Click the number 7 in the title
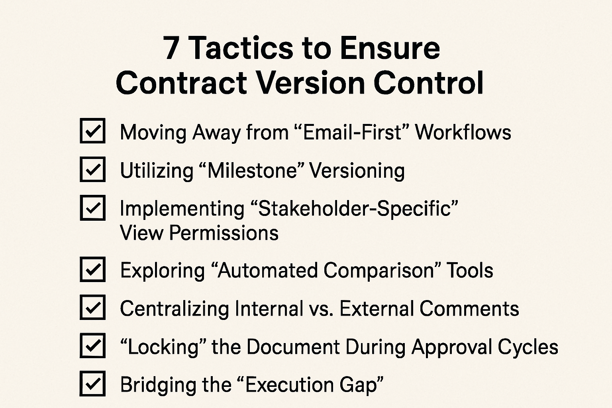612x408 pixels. coord(171,49)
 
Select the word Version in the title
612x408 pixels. coord(311,82)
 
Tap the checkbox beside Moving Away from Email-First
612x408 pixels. coord(92,131)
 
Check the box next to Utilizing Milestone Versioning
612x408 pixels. coord(92,169)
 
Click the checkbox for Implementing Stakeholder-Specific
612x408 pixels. coord(92,208)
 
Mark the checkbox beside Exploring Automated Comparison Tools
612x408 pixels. coord(92,270)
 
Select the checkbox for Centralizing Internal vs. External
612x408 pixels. coord(92,308)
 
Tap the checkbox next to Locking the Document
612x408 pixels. coord(92,345)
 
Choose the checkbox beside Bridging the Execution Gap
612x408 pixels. coord(92,384)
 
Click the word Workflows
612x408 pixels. coord(463,132)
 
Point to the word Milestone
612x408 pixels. coord(253,171)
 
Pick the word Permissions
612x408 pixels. coord(224,233)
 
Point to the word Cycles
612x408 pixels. coord(534,347)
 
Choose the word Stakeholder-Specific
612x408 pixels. coord(355,209)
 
